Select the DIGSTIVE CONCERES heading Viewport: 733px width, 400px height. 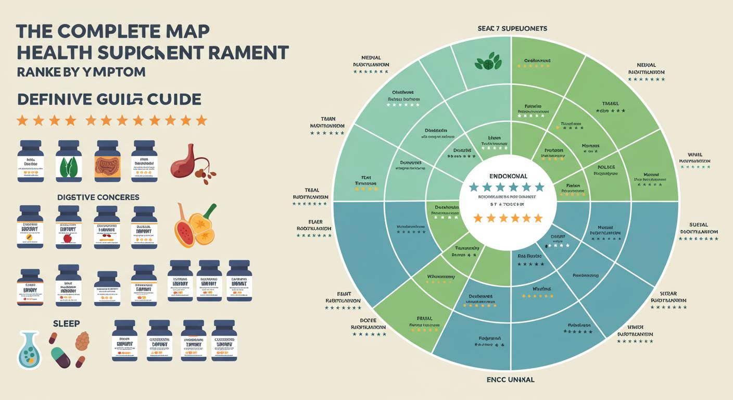[98, 197]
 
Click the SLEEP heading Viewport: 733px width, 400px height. [66, 323]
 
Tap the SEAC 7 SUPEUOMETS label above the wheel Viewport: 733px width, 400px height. [512, 29]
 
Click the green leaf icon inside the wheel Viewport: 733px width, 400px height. [487, 62]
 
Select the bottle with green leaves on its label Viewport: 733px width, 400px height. [69, 161]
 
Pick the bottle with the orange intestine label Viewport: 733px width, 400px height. [107, 161]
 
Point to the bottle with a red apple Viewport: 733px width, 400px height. [69, 227]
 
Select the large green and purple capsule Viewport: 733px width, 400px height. [61, 358]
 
